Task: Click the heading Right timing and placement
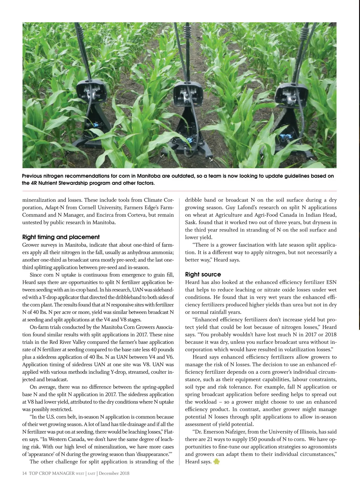coord(61,237)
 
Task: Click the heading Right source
coord(203,274)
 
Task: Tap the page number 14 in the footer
coord(25,473)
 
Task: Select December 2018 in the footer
coord(114,473)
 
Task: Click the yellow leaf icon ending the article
coord(216,462)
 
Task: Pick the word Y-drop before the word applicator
coord(55,297)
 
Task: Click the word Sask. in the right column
coord(191,222)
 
